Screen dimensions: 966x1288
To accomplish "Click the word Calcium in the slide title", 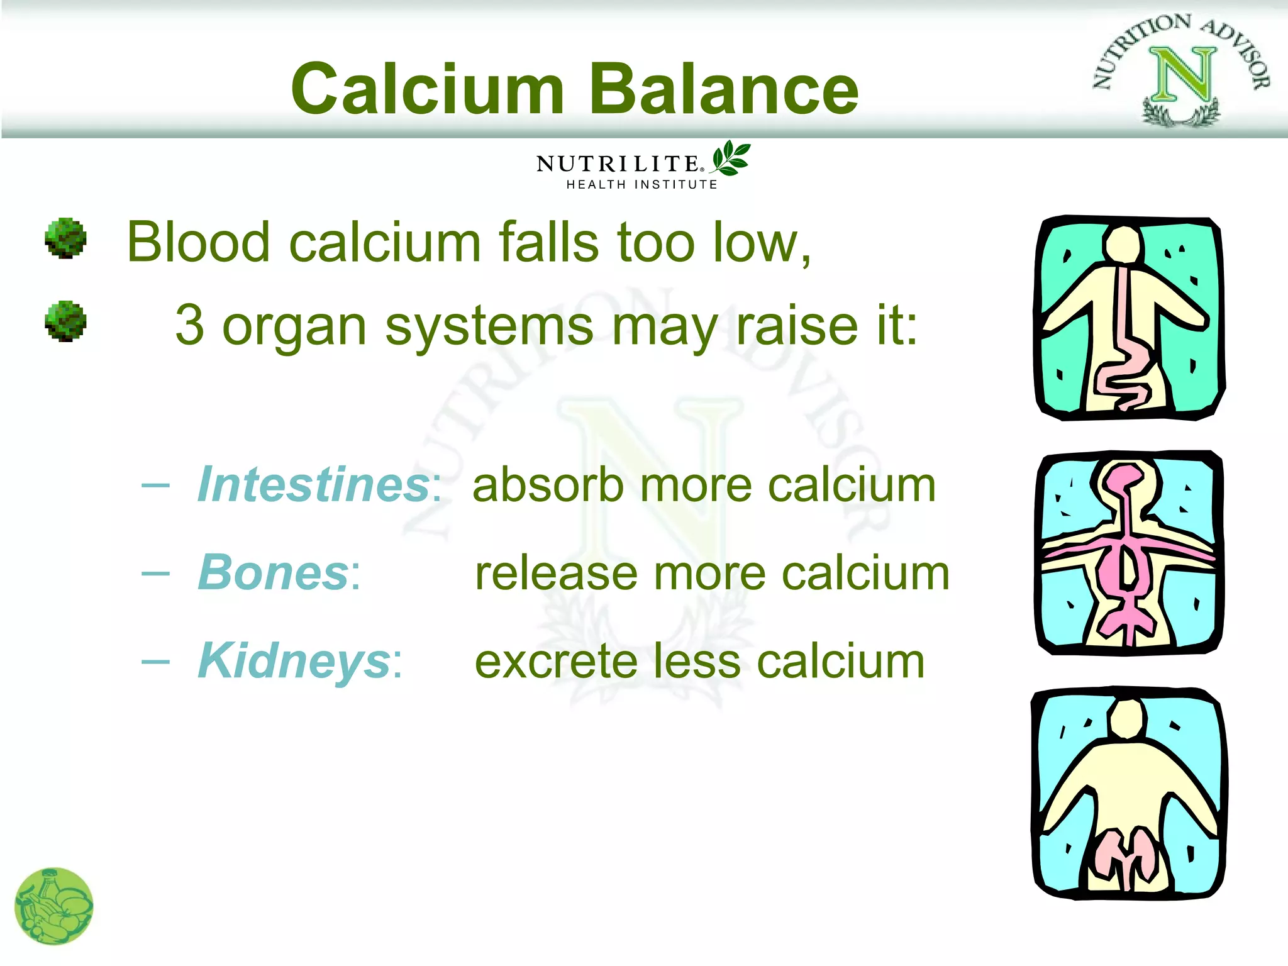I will click(428, 89).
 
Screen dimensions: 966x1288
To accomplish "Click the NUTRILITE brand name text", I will click(619, 164).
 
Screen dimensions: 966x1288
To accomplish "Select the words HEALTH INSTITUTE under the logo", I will click(641, 185).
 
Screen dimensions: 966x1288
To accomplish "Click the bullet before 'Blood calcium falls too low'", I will click(65, 238).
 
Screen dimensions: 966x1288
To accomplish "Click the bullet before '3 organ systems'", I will click(65, 321).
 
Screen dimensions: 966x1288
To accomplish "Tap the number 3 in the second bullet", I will click(189, 325).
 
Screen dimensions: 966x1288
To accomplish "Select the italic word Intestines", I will click(313, 485).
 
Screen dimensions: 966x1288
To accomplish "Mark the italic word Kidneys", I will click(294, 661).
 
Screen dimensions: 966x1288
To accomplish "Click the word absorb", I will click(547, 486).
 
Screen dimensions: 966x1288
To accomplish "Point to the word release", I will click(556, 574).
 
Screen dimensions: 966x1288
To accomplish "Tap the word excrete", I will click(555, 662).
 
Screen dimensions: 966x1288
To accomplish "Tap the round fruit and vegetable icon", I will click(54, 906).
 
